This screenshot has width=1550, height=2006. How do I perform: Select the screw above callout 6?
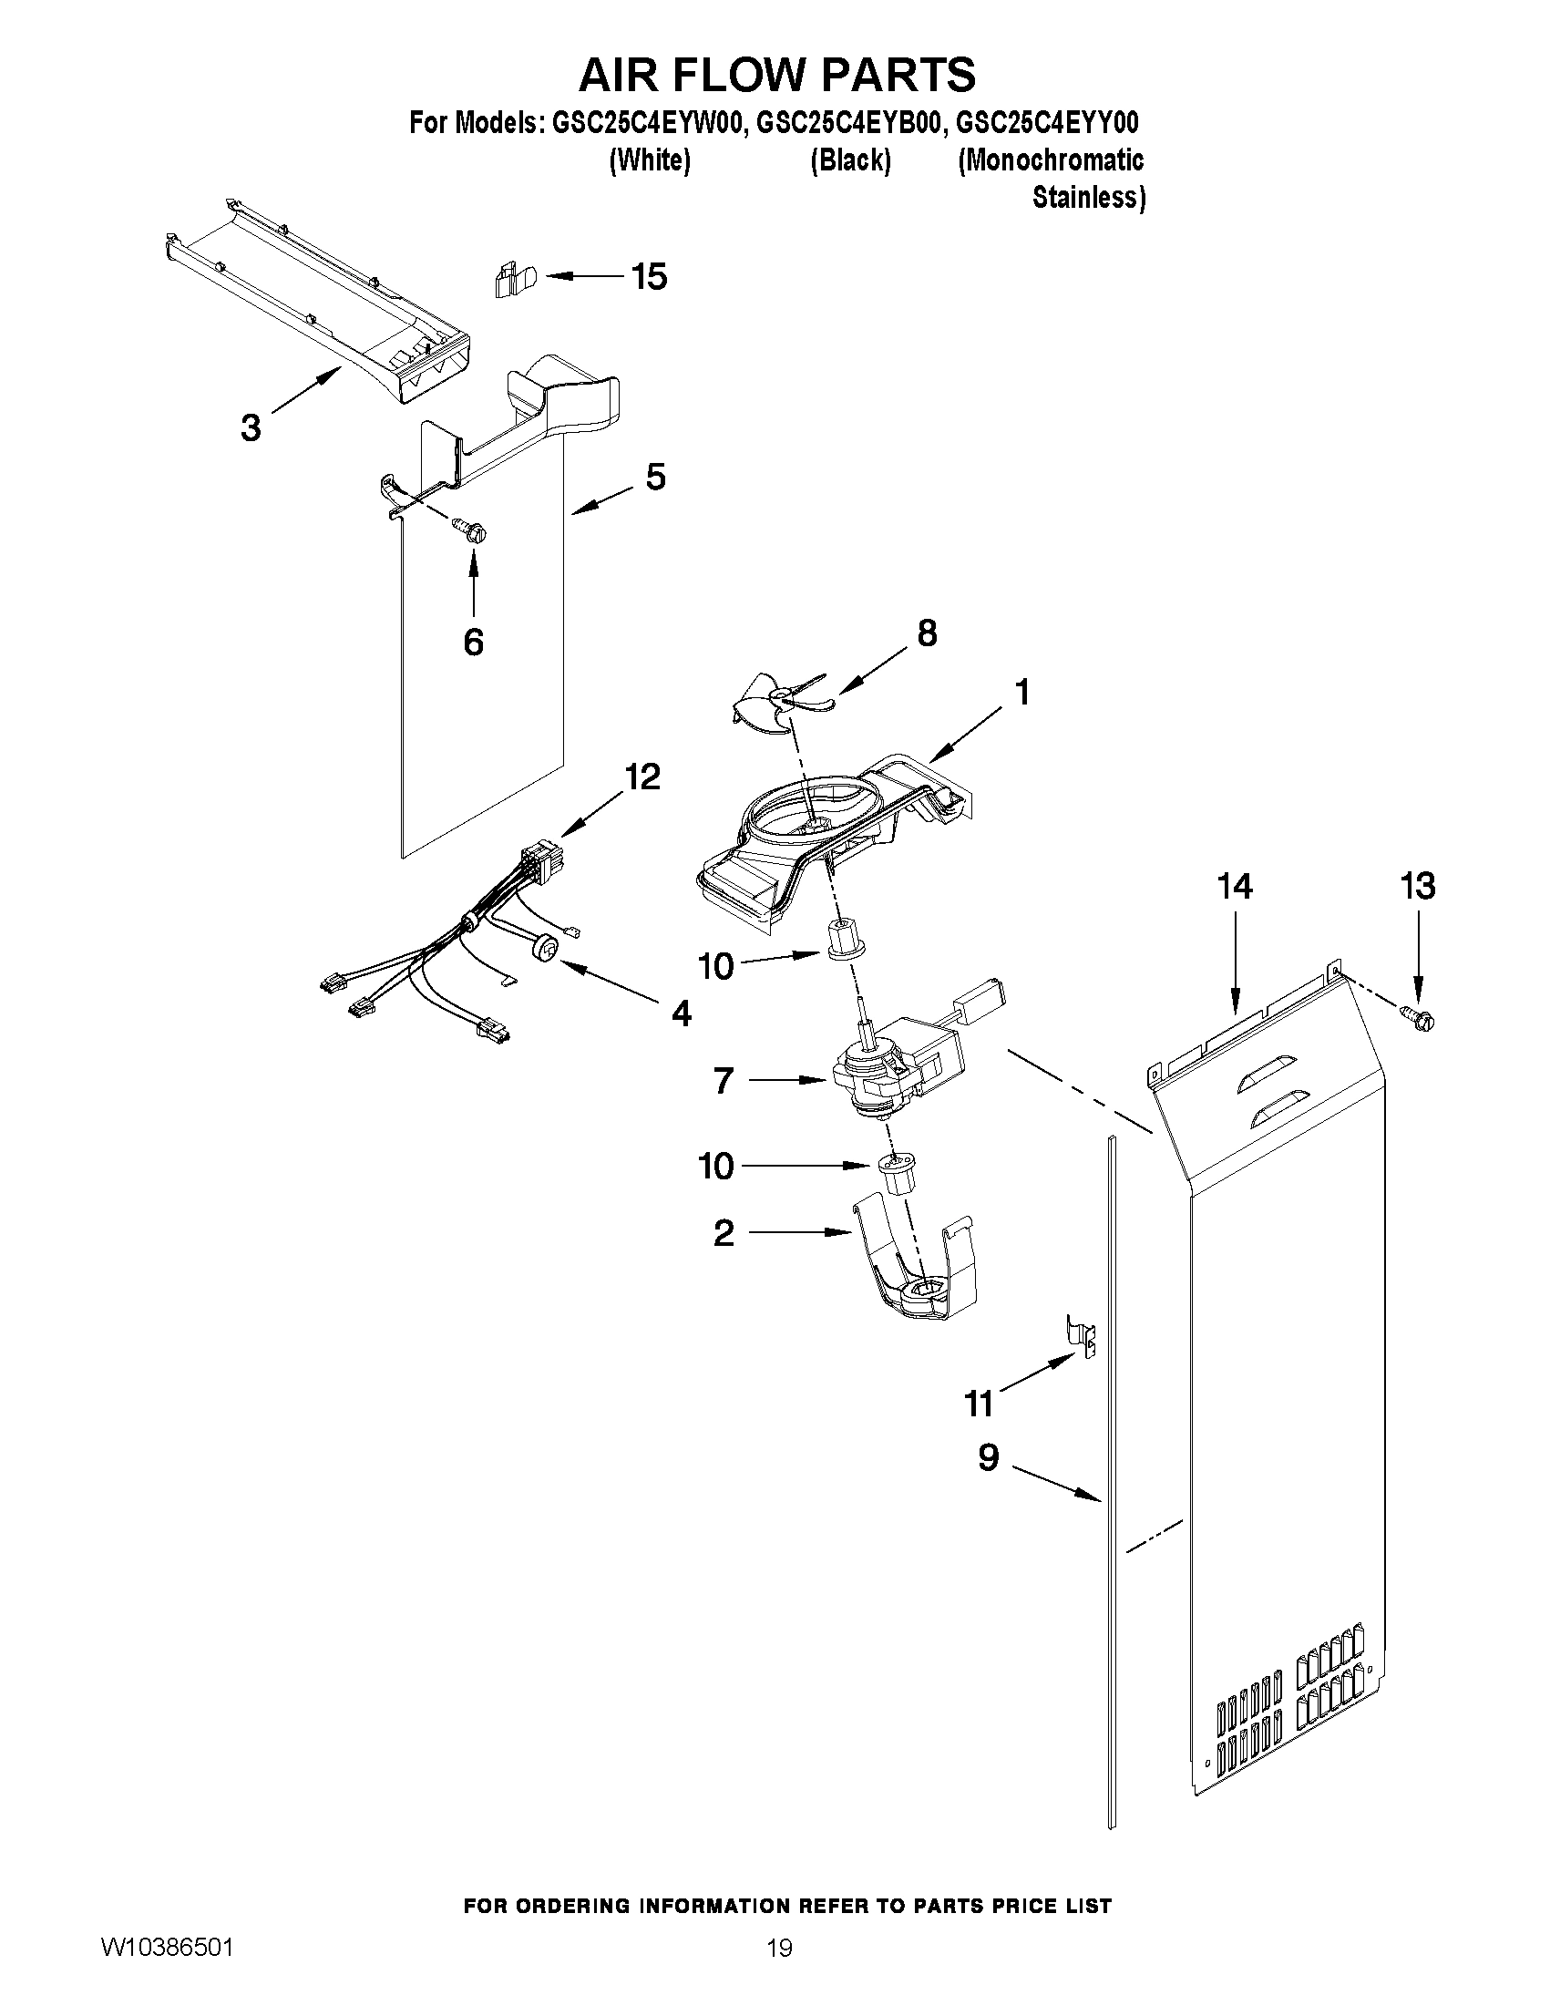[x=471, y=530]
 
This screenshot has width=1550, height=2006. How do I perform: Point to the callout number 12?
[x=642, y=777]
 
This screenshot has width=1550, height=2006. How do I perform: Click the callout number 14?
[x=1234, y=887]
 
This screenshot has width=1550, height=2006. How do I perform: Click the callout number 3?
[x=251, y=428]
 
